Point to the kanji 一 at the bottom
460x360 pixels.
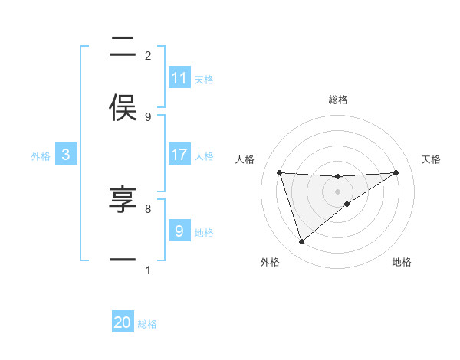click(123, 260)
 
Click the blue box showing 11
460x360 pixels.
click(179, 78)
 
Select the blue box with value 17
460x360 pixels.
click(179, 155)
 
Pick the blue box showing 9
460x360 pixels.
click(179, 231)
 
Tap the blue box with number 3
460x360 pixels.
click(66, 155)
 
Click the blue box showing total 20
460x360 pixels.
click(123, 322)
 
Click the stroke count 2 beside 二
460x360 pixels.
click(148, 56)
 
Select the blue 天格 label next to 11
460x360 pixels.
click(204, 79)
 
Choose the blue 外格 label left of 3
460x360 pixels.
click(41, 155)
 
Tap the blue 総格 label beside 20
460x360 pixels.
click(147, 324)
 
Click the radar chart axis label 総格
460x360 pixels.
click(338, 100)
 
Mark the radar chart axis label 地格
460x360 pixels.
click(402, 262)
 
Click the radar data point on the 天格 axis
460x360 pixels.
click(396, 172)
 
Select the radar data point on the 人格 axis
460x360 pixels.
click(280, 172)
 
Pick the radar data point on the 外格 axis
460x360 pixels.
click(301, 242)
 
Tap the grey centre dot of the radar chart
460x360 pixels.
click(338, 191)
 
